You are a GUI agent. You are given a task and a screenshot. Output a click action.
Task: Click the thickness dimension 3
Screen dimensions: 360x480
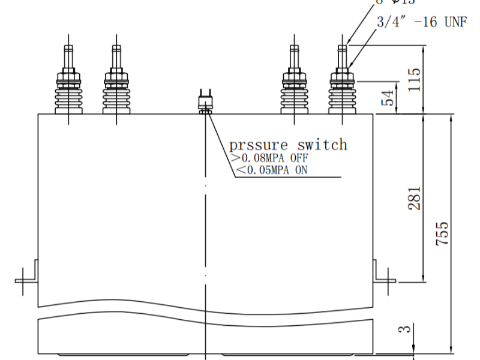point(406,329)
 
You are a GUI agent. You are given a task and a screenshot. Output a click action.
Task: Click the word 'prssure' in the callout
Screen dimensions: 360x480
point(259,145)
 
